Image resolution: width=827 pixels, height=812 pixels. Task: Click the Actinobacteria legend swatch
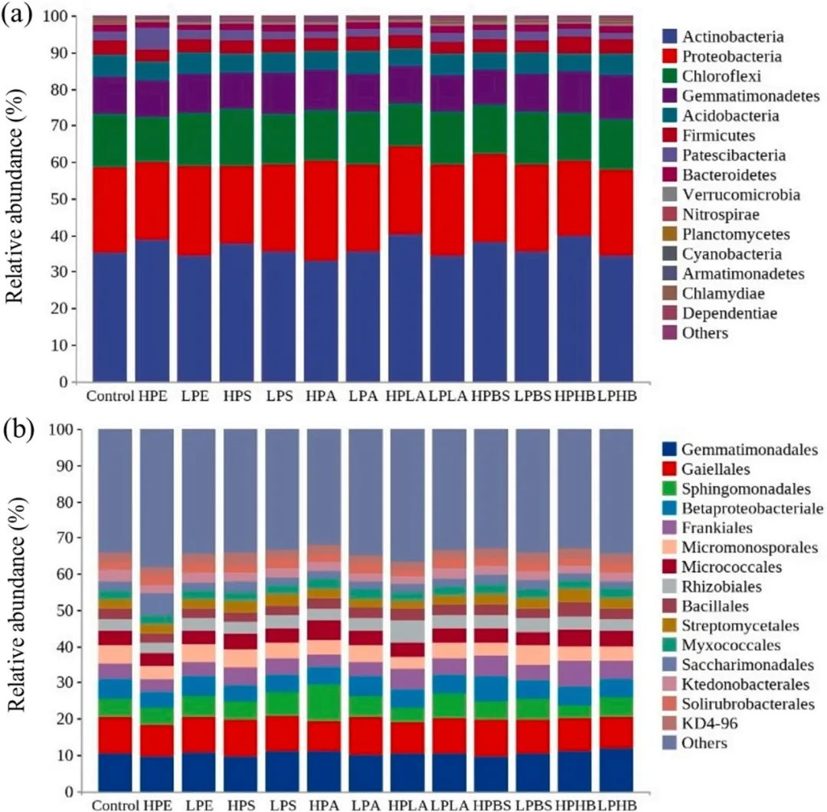pyautogui.click(x=668, y=36)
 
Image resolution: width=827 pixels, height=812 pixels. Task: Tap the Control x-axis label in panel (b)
pyautogui.click(x=112, y=804)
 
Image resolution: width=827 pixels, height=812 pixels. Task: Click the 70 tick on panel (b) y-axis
pyautogui.click(x=65, y=539)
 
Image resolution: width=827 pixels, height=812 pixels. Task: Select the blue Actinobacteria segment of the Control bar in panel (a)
pyautogui.click(x=110, y=317)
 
